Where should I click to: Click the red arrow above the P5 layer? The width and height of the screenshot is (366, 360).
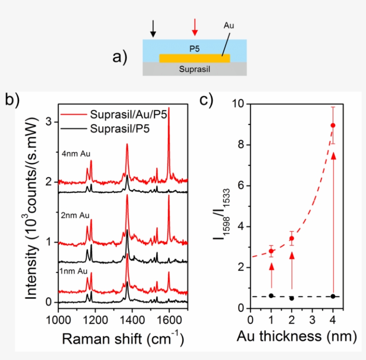pyautogui.click(x=195, y=27)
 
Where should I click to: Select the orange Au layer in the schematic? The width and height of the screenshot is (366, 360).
pyautogui.click(x=195, y=58)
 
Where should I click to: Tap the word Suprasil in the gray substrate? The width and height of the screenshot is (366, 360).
pyautogui.click(x=194, y=69)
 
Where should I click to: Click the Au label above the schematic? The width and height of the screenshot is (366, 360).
pyautogui.click(x=228, y=26)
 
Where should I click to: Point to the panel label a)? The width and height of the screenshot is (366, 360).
pyautogui.click(x=120, y=58)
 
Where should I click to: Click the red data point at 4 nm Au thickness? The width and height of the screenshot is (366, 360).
pyautogui.click(x=333, y=125)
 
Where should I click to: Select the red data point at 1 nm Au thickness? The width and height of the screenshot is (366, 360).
pyautogui.click(x=271, y=251)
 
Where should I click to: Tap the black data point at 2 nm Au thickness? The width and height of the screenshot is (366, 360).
pyautogui.click(x=291, y=298)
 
